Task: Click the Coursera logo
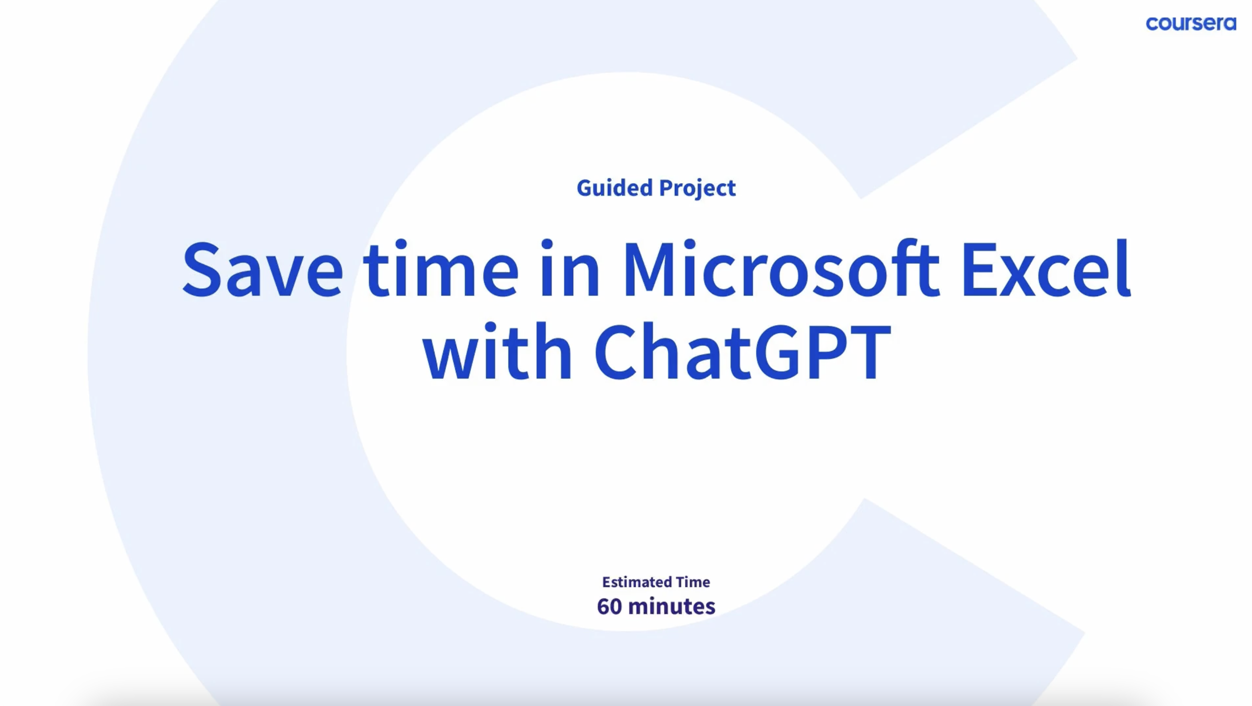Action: (x=1191, y=24)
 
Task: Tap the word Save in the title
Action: (x=262, y=269)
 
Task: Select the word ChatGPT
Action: (x=743, y=351)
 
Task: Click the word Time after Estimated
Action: (x=693, y=582)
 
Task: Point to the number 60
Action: (x=610, y=606)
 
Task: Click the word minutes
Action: (x=672, y=606)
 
